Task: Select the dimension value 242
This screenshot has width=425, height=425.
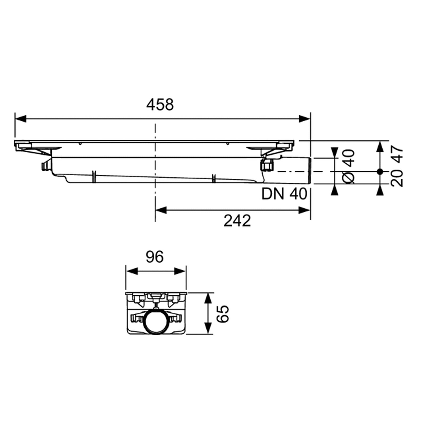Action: click(x=237, y=220)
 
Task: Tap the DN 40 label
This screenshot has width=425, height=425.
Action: click(x=284, y=194)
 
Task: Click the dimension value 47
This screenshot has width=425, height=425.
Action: click(x=398, y=154)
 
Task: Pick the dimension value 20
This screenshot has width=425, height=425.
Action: click(x=398, y=178)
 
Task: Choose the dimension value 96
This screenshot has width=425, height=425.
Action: click(x=155, y=257)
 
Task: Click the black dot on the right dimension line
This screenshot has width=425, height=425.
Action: click(x=380, y=172)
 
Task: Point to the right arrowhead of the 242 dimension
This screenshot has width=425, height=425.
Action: click(x=304, y=210)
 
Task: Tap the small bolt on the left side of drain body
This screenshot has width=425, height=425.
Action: click(x=45, y=167)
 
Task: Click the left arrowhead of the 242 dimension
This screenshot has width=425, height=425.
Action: click(x=161, y=210)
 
